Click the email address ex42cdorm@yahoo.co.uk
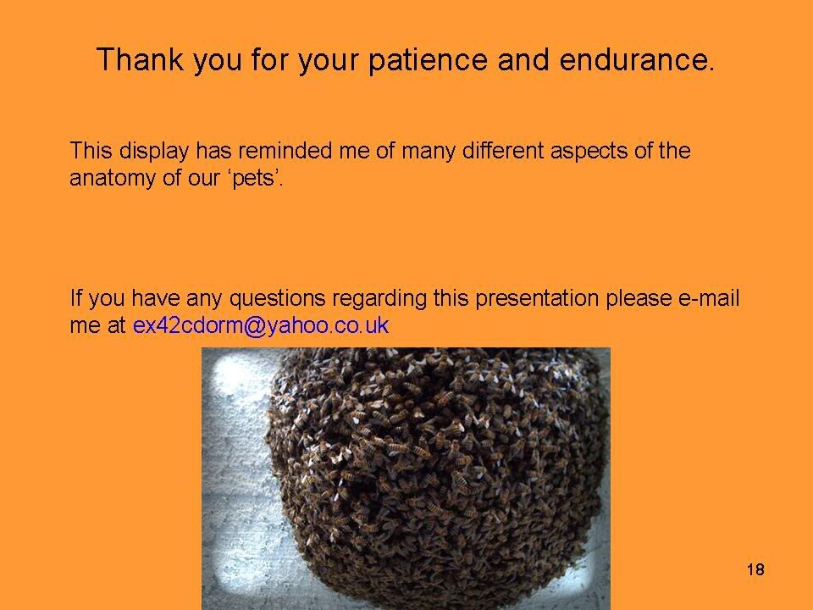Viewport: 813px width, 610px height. pos(261,325)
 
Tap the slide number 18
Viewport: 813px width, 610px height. pos(755,569)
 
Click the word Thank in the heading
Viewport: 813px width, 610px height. pos(140,59)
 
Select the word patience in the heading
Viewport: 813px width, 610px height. pos(428,59)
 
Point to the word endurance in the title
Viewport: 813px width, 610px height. pos(637,59)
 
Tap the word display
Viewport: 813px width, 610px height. pos(153,151)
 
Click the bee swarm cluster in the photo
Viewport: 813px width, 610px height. pos(435,474)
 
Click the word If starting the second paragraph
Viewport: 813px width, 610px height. pos(75,297)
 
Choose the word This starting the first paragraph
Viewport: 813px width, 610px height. pos(91,151)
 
